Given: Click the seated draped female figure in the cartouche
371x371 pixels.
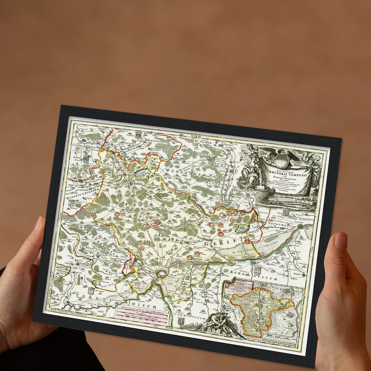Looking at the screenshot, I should click(x=250, y=172).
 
